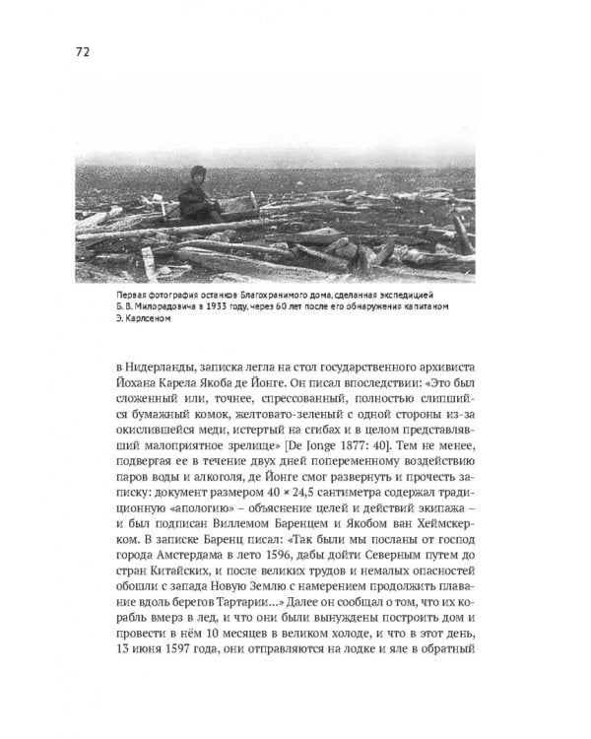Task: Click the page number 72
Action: (82, 52)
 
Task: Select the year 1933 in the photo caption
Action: (225, 308)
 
